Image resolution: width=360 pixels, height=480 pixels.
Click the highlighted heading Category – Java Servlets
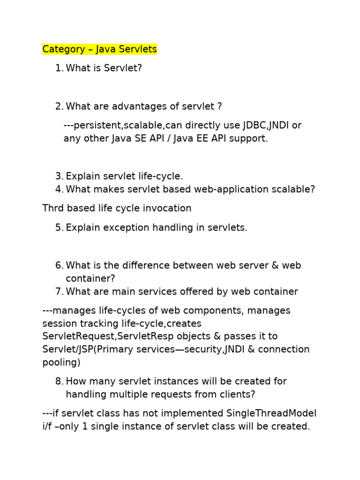click(x=99, y=49)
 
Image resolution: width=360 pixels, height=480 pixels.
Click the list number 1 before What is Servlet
click(x=58, y=68)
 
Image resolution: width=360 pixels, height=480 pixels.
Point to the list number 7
click(x=58, y=292)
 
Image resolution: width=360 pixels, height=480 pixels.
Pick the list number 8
click(x=58, y=382)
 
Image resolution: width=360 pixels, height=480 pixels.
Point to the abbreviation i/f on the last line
click(x=49, y=427)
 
